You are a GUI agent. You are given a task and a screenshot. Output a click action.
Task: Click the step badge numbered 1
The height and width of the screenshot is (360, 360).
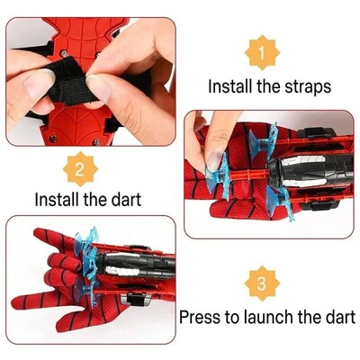tap(261, 54)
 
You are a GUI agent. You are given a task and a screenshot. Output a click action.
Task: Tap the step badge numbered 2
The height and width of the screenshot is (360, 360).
tap(80, 167)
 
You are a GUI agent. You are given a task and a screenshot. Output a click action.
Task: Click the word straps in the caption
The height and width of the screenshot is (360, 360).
tap(307, 88)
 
